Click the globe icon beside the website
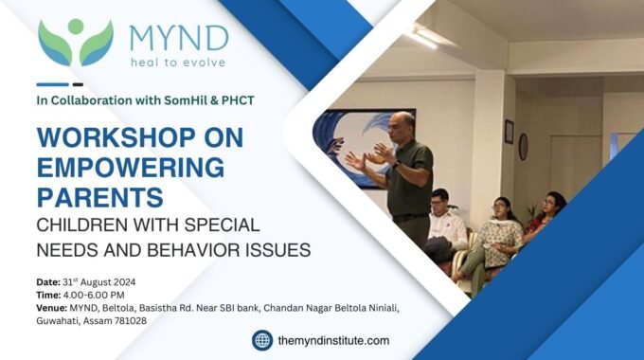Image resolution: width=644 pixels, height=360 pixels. click(262, 340)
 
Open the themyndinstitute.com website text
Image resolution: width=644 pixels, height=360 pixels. click(334, 340)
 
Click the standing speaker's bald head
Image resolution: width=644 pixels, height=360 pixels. click(402, 123)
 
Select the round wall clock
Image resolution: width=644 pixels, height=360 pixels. click(523, 146)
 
